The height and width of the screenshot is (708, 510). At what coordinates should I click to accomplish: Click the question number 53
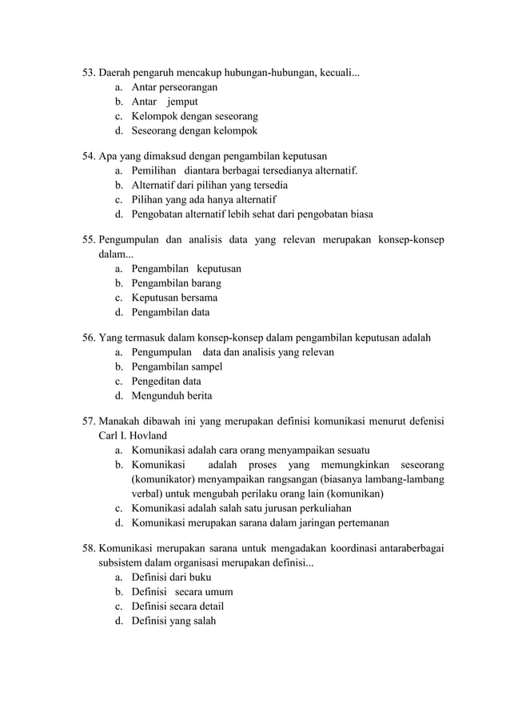[89, 73]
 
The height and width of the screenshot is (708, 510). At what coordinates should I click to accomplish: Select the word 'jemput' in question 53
[182, 102]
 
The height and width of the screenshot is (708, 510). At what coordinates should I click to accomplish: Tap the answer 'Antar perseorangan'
[174, 87]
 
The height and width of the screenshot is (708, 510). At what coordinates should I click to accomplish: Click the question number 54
[89, 156]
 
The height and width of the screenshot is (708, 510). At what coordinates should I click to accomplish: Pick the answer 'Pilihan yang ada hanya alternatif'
[204, 199]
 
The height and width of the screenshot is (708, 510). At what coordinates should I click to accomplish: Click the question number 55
[89, 239]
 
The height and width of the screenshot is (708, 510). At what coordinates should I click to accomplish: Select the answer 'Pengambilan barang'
[176, 283]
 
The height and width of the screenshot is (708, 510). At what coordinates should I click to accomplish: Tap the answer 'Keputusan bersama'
[174, 298]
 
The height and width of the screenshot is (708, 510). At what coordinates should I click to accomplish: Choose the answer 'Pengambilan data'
[170, 313]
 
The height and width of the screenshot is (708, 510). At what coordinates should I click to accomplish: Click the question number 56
[89, 338]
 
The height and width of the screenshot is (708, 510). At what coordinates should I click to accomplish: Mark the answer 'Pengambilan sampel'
[177, 366]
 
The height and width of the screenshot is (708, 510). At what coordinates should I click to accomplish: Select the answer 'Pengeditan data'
[166, 381]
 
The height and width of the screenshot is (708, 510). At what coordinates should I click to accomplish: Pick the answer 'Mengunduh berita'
[171, 396]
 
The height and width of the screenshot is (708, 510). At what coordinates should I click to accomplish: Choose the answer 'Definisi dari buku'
[171, 578]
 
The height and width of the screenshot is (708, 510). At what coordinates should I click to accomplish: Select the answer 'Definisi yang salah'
[173, 621]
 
